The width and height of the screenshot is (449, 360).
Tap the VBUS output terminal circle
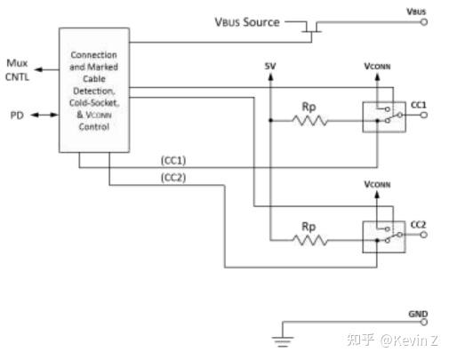tap(423, 20)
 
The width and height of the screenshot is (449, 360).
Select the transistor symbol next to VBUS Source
tap(310, 28)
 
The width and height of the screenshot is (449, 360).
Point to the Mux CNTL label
tap(18, 68)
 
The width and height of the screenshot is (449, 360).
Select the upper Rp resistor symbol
tap(309, 120)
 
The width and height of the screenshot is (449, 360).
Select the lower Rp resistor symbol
tap(309, 239)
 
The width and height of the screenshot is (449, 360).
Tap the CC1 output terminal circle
tap(423, 116)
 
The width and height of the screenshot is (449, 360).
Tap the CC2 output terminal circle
tap(423, 235)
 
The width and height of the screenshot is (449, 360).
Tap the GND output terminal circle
tap(423, 321)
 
